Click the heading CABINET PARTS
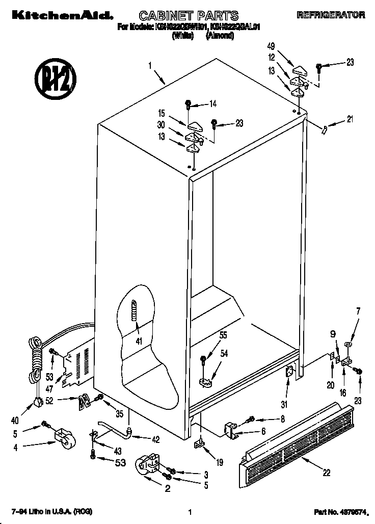click(181, 16)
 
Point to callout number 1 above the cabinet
click(150, 65)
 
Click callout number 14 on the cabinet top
click(212, 104)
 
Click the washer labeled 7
click(349, 347)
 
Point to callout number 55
click(223, 335)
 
